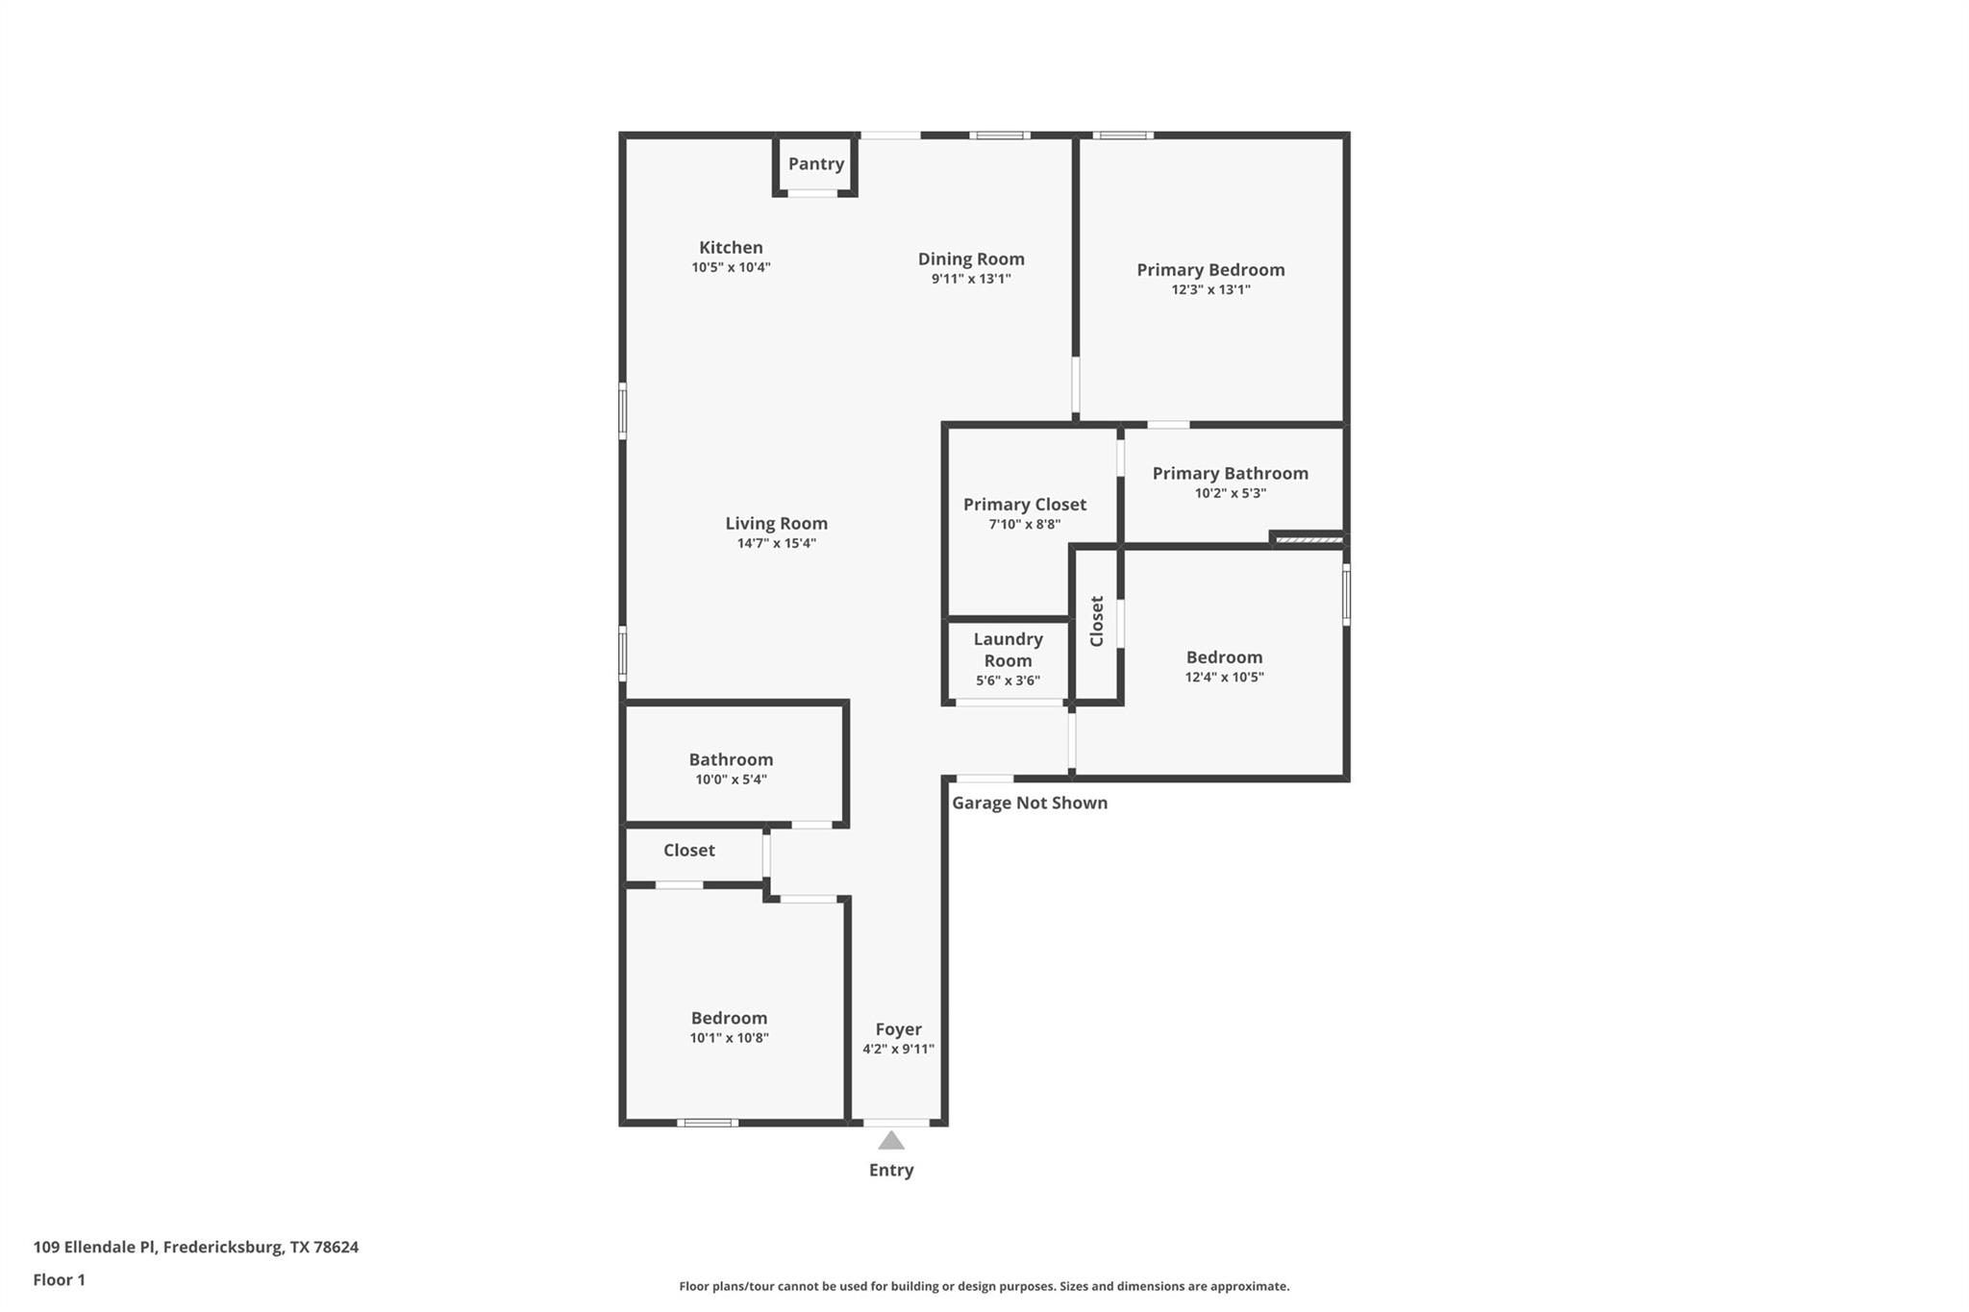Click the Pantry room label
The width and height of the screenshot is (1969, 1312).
click(816, 164)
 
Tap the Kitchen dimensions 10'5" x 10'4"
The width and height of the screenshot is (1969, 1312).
click(731, 268)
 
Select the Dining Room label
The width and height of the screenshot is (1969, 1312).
click(971, 259)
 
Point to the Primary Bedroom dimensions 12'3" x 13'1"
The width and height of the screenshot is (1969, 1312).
click(1210, 290)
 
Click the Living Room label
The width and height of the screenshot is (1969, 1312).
click(776, 524)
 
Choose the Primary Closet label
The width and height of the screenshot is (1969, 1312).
click(1025, 505)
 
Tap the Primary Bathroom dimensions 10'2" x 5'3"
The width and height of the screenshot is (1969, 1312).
click(1230, 494)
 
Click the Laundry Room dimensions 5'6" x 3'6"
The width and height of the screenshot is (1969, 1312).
click(1008, 681)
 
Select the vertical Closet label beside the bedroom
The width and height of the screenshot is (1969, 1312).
click(1097, 621)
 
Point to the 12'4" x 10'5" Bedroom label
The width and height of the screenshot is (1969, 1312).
click(1224, 657)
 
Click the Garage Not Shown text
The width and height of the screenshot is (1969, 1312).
click(1030, 804)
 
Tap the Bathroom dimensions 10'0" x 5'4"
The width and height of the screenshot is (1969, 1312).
click(731, 780)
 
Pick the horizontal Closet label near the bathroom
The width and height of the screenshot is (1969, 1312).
click(688, 851)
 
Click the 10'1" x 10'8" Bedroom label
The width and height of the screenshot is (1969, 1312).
click(729, 1019)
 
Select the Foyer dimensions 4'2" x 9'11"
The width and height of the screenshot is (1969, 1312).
click(898, 1050)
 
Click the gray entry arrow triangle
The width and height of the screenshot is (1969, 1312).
click(891, 1142)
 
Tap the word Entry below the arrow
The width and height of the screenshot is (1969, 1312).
click(891, 1171)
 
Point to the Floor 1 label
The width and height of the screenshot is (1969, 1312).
click(59, 1280)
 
